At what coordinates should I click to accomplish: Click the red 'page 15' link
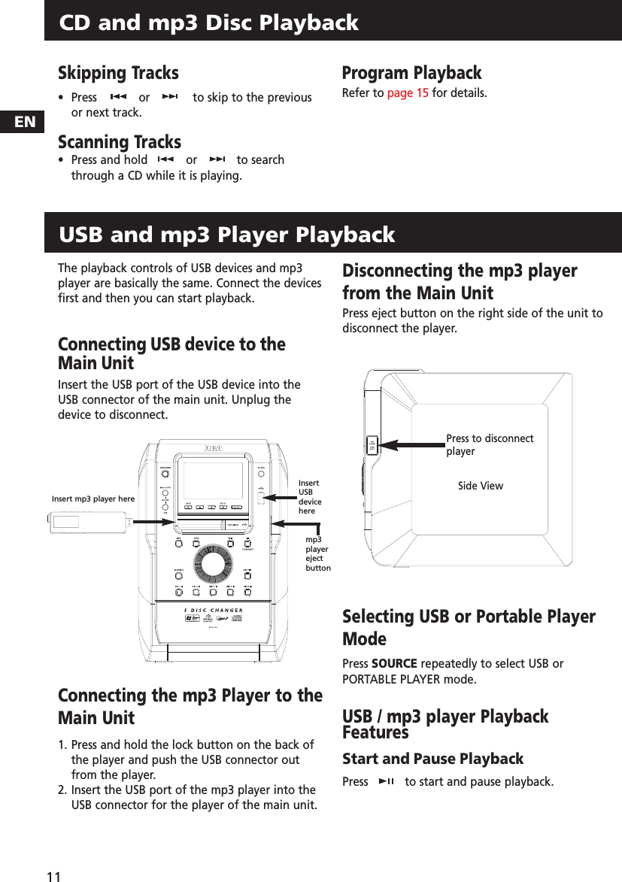(x=407, y=93)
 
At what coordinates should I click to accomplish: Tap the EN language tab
(x=25, y=122)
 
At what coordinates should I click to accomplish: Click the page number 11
(x=53, y=876)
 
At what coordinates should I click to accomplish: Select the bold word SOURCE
(x=394, y=663)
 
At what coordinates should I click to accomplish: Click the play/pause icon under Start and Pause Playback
(x=386, y=782)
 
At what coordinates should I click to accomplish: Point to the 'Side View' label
(x=480, y=486)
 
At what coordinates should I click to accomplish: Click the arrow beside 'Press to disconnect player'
(x=410, y=444)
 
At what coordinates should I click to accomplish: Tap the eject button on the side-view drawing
(x=371, y=444)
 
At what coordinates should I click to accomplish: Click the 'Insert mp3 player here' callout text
(x=93, y=499)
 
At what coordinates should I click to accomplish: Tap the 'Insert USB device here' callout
(x=309, y=497)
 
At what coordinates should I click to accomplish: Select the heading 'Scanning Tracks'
(x=120, y=141)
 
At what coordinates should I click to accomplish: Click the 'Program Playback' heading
(x=411, y=73)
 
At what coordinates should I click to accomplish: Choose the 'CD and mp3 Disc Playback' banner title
(x=209, y=23)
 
